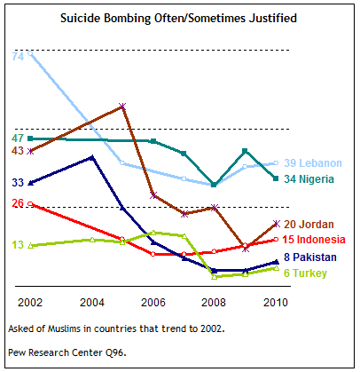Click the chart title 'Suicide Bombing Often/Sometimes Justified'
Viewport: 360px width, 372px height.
[x=178, y=19]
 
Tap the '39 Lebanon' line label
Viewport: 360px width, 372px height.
[x=313, y=163]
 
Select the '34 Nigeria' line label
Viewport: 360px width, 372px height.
[x=309, y=179]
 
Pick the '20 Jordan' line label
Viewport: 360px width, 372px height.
[x=309, y=225]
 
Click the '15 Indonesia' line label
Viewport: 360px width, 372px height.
[x=314, y=240]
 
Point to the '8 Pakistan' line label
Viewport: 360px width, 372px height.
[x=310, y=257]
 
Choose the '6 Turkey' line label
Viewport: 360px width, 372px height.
[x=305, y=273]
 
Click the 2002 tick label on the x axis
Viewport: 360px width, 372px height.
[x=30, y=303]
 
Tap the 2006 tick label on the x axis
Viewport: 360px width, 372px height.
[x=153, y=303]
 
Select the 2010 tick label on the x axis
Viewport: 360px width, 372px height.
[x=276, y=303]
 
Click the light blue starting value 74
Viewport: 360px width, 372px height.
[x=18, y=56]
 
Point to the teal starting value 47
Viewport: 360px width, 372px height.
[x=18, y=139]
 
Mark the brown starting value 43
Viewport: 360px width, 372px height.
[x=18, y=151]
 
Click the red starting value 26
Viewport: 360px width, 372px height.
[x=18, y=203]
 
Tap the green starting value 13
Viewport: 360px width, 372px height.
[x=18, y=245]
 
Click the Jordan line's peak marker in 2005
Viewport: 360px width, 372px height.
[x=122, y=106]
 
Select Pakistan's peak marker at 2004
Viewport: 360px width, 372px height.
[x=92, y=158]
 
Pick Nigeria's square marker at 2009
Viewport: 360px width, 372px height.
[x=245, y=151]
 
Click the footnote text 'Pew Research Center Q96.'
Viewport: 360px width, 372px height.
[x=67, y=352]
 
